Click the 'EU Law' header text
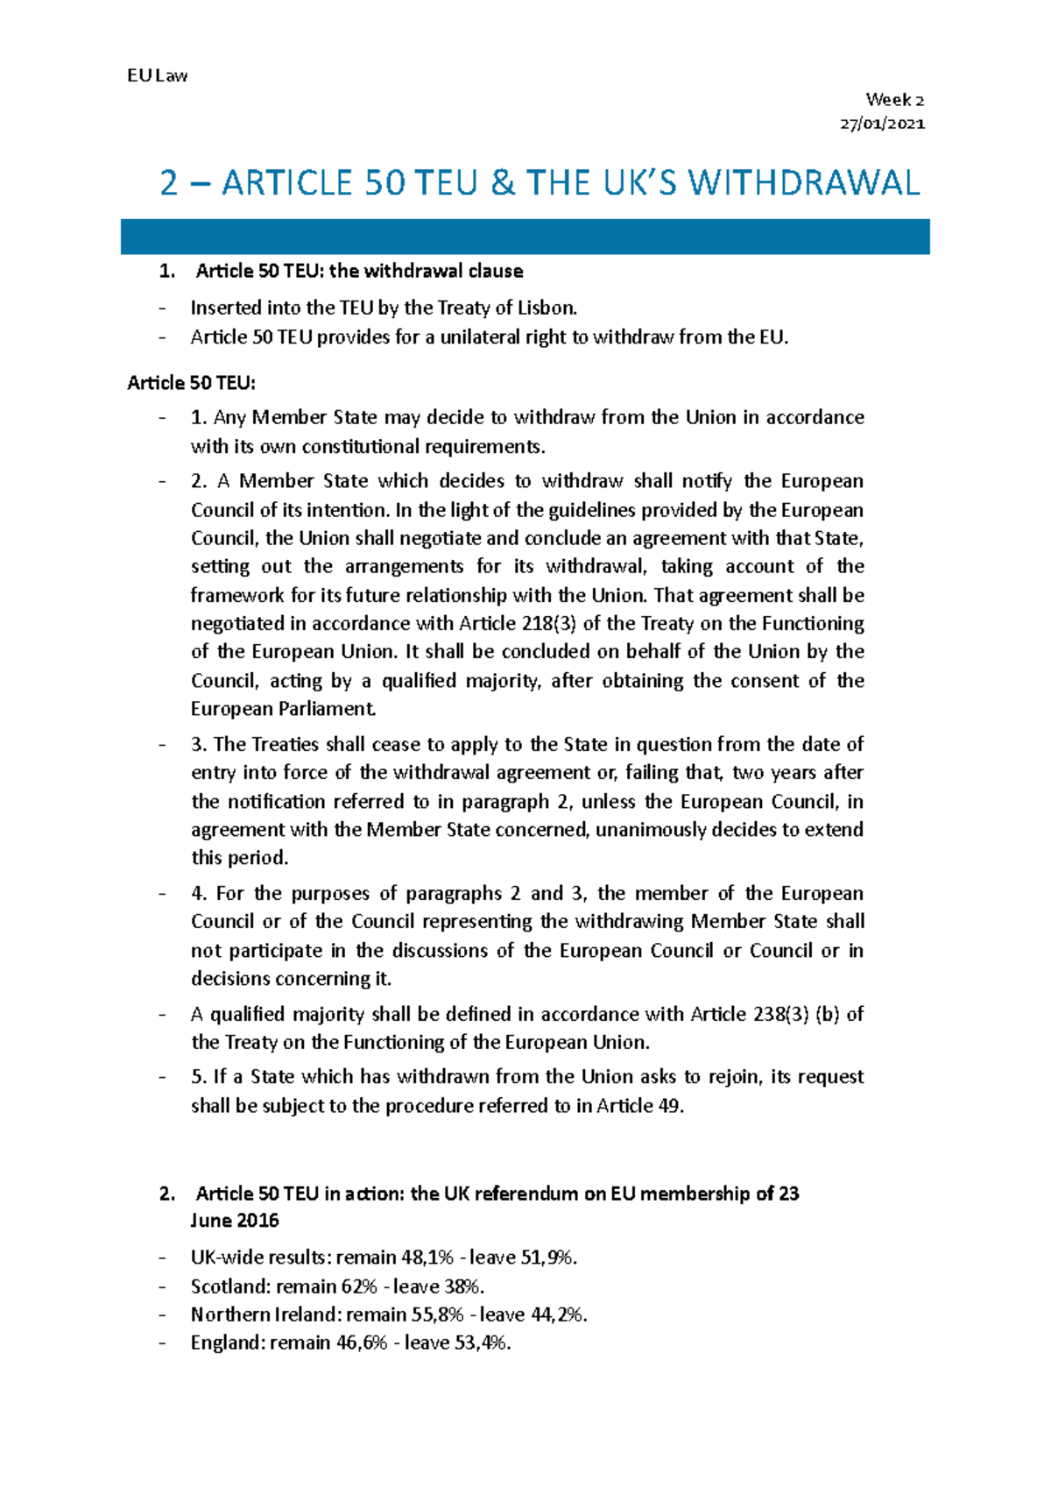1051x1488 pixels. [157, 75]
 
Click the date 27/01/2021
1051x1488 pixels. [882, 124]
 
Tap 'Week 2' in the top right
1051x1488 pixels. [894, 100]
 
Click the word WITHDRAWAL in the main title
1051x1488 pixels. [803, 183]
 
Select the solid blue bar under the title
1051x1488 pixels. [525, 237]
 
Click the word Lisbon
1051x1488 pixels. [547, 308]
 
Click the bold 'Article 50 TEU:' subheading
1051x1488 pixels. [191, 383]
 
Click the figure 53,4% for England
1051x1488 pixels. [481, 1343]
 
